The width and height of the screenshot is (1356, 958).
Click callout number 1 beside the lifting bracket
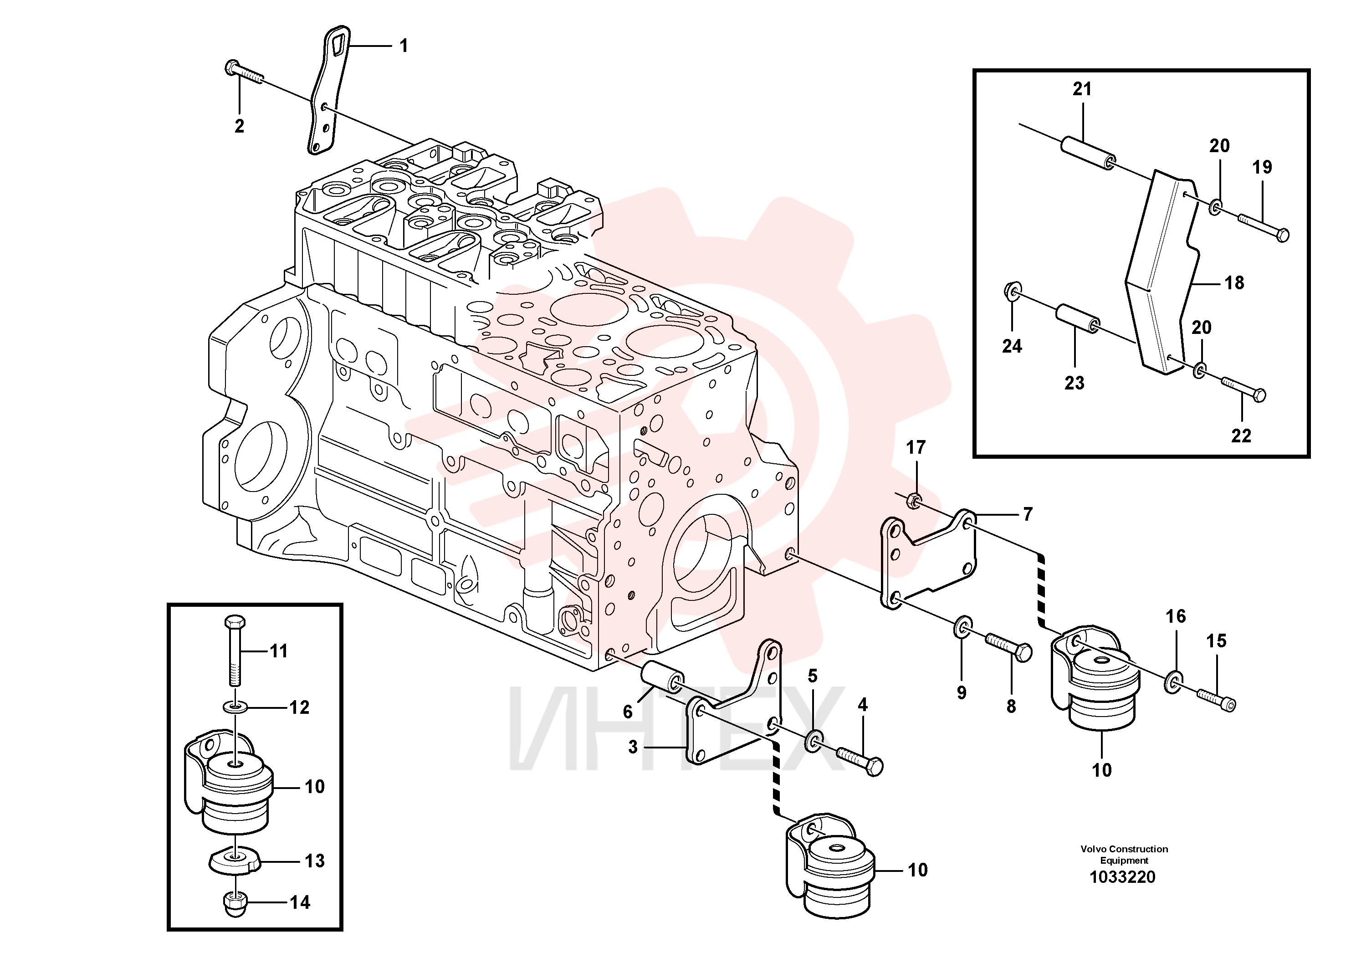pyautogui.click(x=404, y=46)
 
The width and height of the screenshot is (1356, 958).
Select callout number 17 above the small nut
pyautogui.click(x=916, y=448)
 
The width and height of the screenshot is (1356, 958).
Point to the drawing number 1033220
pyautogui.click(x=1122, y=877)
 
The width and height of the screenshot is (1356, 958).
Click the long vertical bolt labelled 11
pyautogui.click(x=235, y=650)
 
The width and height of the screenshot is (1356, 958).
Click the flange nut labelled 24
pyautogui.click(x=1012, y=291)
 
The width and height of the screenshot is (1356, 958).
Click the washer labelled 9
pyautogui.click(x=962, y=628)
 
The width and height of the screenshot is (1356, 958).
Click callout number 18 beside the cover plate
pyautogui.click(x=1234, y=283)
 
